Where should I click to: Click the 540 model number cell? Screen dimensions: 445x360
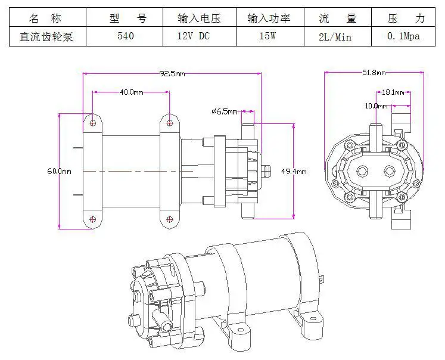[x=126, y=36]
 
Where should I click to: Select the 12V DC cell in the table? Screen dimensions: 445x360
[x=193, y=36]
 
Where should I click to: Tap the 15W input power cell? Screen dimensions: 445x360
[x=267, y=36]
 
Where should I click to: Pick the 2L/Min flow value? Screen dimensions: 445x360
[x=335, y=37]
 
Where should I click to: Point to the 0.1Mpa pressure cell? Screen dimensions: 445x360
[x=403, y=36]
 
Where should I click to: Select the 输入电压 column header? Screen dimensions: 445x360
[x=199, y=18]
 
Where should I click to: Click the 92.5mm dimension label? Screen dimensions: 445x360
[x=172, y=74]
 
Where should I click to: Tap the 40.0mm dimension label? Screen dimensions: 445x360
[x=131, y=92]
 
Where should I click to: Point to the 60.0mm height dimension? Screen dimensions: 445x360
[x=59, y=171]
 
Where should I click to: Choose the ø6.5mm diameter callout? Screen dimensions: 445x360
[x=225, y=111]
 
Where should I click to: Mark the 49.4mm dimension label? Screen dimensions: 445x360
[x=294, y=172]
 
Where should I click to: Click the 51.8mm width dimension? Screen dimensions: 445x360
[x=374, y=73]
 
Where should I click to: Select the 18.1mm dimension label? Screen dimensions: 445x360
[x=393, y=92]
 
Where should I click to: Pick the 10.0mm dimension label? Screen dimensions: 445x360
[x=376, y=106]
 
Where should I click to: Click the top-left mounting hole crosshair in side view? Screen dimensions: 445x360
[x=93, y=123]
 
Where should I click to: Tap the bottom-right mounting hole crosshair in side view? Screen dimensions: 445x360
[x=169, y=219]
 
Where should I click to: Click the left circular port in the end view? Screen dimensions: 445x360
[x=362, y=171]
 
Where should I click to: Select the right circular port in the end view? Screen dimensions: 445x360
[x=390, y=171]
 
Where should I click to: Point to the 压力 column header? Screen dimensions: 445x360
[x=406, y=18]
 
